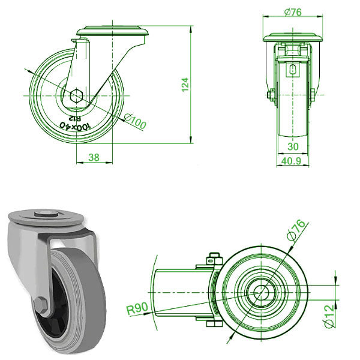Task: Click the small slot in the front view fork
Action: tap(292, 70)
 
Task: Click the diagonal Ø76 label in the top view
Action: tap(299, 230)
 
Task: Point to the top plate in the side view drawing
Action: tap(112, 32)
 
